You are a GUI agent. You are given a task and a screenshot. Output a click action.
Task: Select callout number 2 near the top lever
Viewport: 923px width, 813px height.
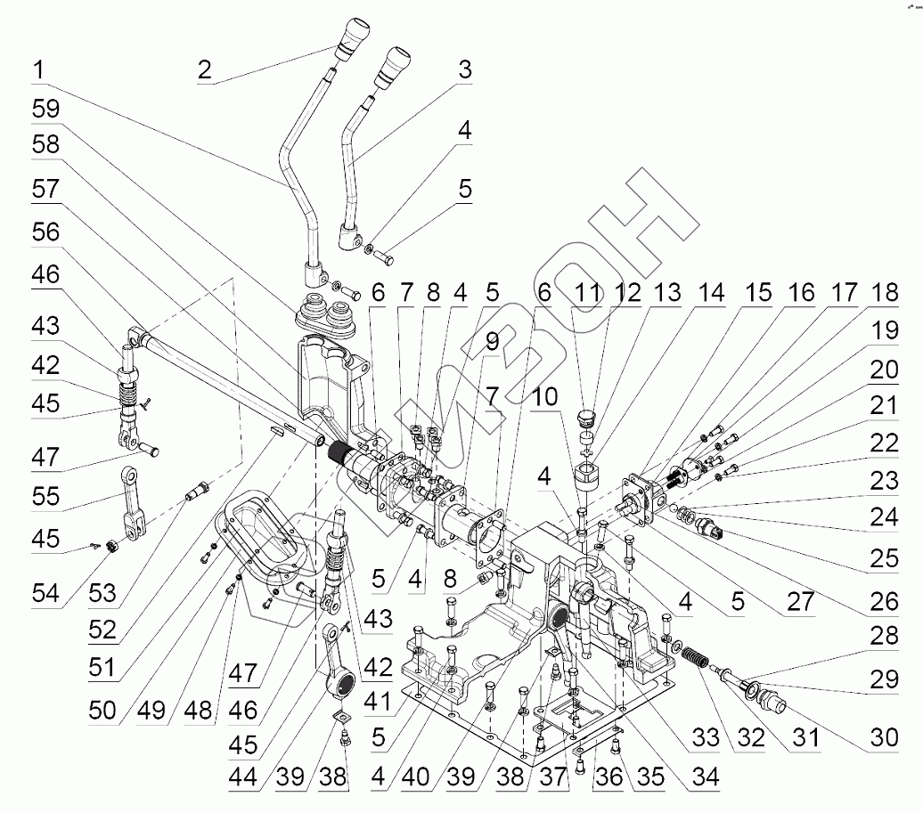click(x=205, y=69)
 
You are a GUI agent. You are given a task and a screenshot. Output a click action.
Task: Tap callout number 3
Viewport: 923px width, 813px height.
click(x=463, y=69)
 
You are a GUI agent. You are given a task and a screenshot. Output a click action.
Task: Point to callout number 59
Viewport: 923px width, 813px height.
click(x=45, y=110)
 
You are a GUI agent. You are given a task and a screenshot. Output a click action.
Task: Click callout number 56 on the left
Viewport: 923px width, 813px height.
click(x=45, y=232)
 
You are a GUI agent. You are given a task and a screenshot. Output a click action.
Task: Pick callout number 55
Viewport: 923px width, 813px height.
click(x=45, y=498)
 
